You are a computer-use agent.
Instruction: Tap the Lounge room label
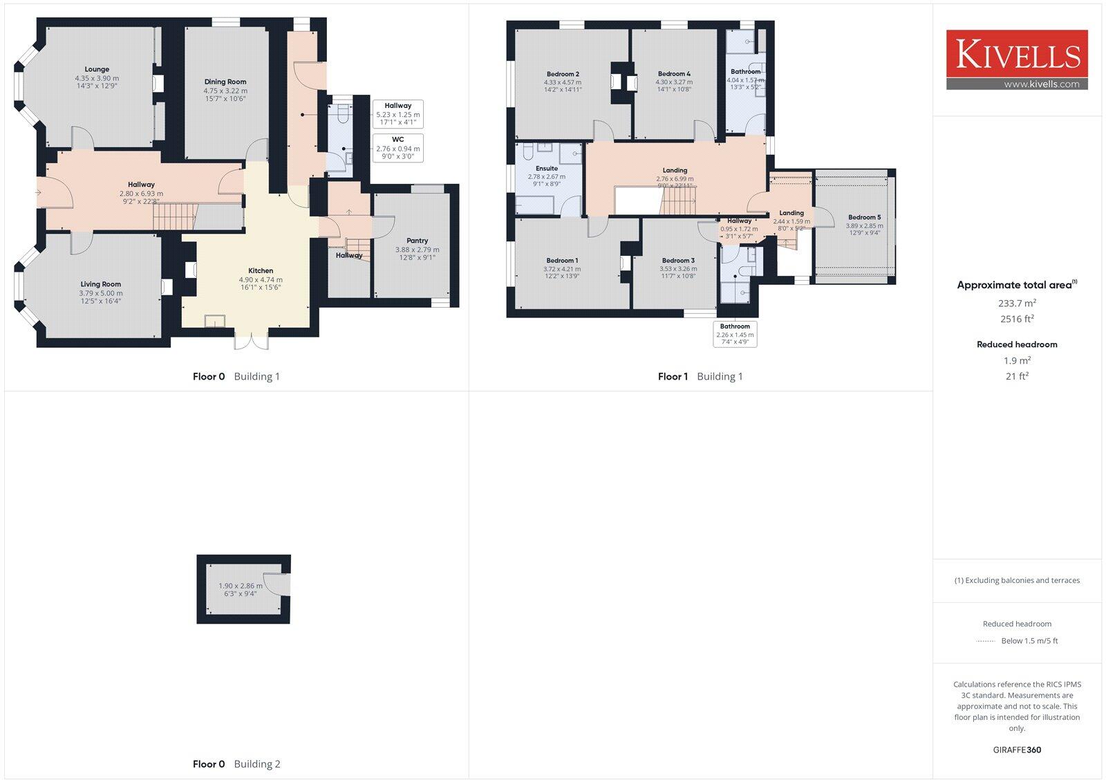pyautogui.click(x=97, y=69)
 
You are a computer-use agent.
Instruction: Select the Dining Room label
pyautogui.click(x=225, y=82)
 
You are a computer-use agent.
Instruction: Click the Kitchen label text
pyautogui.click(x=261, y=271)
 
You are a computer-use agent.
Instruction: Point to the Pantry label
pyautogui.click(x=417, y=241)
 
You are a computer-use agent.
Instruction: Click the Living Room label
pyautogui.click(x=100, y=284)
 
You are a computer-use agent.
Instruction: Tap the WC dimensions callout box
pyautogui.click(x=397, y=148)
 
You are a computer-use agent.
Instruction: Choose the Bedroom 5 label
pyautogui.click(x=864, y=217)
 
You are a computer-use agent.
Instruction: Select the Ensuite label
pyautogui.click(x=546, y=168)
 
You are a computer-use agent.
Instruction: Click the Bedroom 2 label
pyautogui.click(x=563, y=74)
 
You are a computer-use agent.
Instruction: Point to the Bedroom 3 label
pyautogui.click(x=677, y=261)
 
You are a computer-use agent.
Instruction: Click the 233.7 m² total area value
pyautogui.click(x=1017, y=303)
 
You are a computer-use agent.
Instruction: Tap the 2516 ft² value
pyautogui.click(x=1017, y=319)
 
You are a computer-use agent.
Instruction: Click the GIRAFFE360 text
pyautogui.click(x=1017, y=750)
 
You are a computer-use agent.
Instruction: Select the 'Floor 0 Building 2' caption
pyautogui.click(x=236, y=764)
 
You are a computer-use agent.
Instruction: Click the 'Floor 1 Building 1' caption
pyautogui.click(x=700, y=376)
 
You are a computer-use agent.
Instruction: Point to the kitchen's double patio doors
pyautogui.click(x=251, y=341)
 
